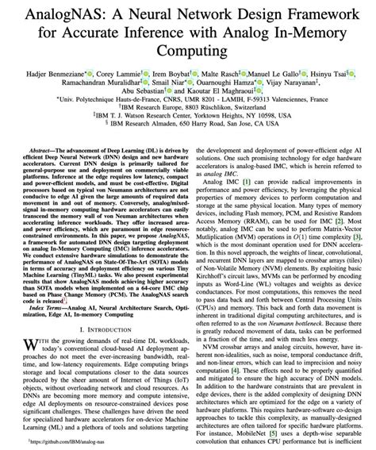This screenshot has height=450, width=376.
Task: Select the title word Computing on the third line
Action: tap(188, 50)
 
